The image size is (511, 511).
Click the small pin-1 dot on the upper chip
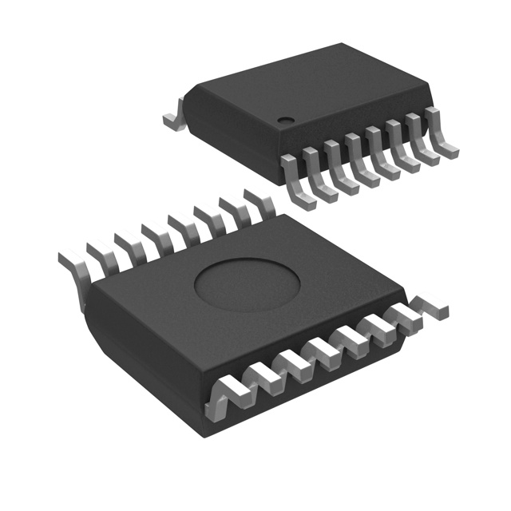click(284, 121)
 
